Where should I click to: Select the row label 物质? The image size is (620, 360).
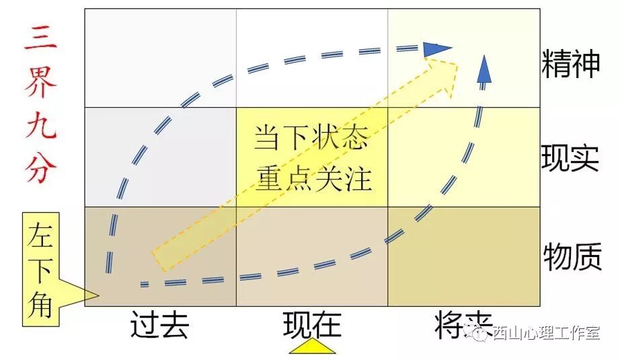(572, 256)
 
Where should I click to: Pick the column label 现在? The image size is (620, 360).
(312, 325)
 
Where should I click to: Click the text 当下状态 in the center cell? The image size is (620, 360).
(311, 139)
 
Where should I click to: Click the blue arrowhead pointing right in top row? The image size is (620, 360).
(438, 48)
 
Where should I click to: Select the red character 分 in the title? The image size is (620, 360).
(40, 170)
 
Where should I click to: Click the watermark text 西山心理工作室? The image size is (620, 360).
(545, 332)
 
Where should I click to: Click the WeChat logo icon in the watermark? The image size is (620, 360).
(479, 332)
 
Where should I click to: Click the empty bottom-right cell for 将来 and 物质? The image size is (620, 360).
(463, 256)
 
